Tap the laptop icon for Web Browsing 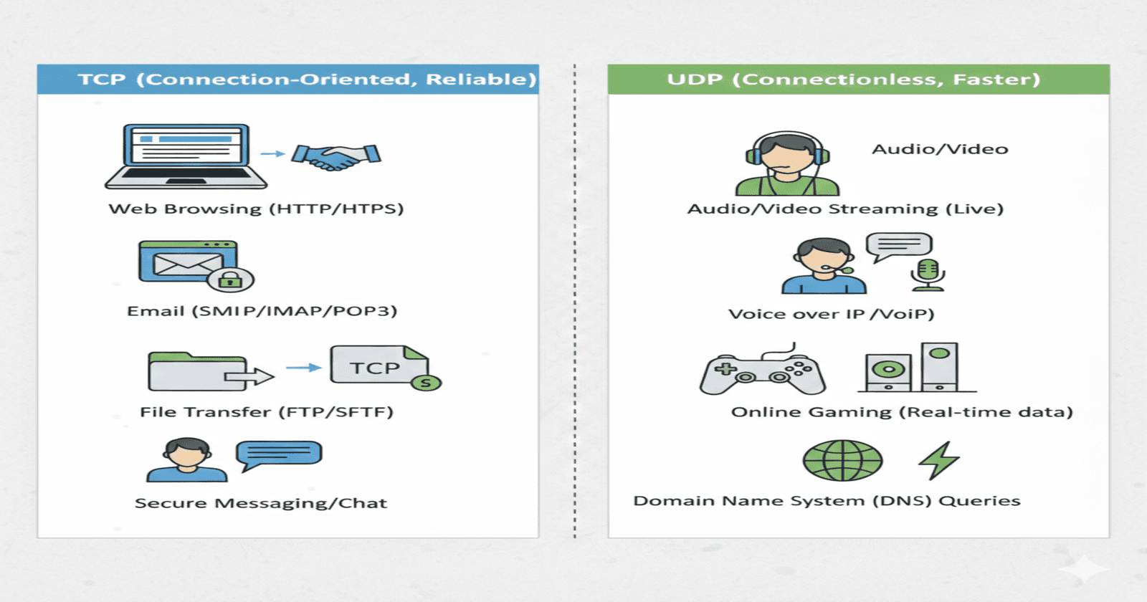tap(186, 156)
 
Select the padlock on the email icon tap(230, 279)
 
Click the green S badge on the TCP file tap(426, 383)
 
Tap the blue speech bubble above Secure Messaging tap(279, 454)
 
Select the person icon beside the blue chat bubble tap(186, 460)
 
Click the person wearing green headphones tap(787, 164)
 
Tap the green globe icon tap(842, 461)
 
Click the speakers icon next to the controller tap(915, 368)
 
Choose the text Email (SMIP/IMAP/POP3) tap(262, 311)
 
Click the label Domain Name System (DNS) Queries tap(827, 501)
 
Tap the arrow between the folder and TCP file tap(303, 368)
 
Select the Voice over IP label tap(831, 314)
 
